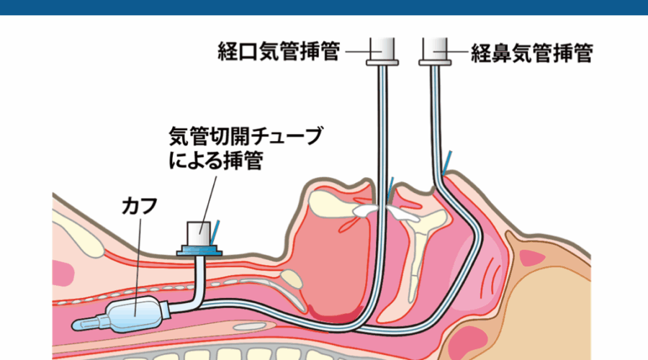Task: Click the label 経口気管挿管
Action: tap(279, 52)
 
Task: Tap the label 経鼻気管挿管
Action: tap(532, 53)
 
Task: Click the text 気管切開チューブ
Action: tap(246, 136)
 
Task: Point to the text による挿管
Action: tap(216, 161)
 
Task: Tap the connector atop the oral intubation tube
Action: tap(382, 52)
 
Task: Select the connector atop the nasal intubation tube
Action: tap(435, 52)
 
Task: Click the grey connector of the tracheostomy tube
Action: tap(199, 234)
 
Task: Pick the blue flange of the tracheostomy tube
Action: tap(199, 251)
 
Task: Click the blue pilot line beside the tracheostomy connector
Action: tap(215, 233)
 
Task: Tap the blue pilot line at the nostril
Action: tap(446, 163)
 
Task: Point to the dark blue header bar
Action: tap(324, 7)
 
